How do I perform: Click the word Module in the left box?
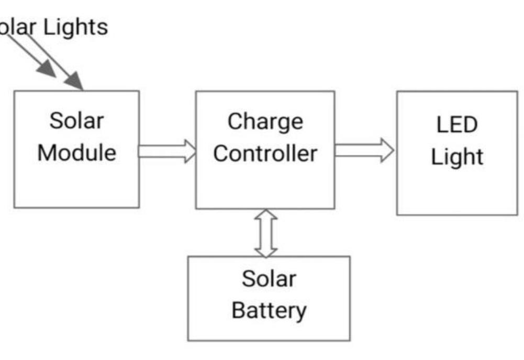[x=76, y=153]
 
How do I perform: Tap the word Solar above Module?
[x=76, y=121]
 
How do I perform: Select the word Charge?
[x=265, y=121]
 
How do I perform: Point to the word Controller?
[x=265, y=154]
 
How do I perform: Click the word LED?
[x=456, y=125]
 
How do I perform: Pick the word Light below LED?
[x=456, y=157]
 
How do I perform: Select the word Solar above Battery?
[x=269, y=278]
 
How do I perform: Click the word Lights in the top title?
[x=75, y=27]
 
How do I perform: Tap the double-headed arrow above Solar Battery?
[x=266, y=233]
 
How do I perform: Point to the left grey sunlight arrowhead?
[x=47, y=69]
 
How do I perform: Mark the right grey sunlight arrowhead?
[x=74, y=81]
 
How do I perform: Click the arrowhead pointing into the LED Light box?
[x=387, y=150]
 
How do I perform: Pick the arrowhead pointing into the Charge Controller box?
[x=189, y=151]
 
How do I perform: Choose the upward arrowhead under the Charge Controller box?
[x=266, y=215]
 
